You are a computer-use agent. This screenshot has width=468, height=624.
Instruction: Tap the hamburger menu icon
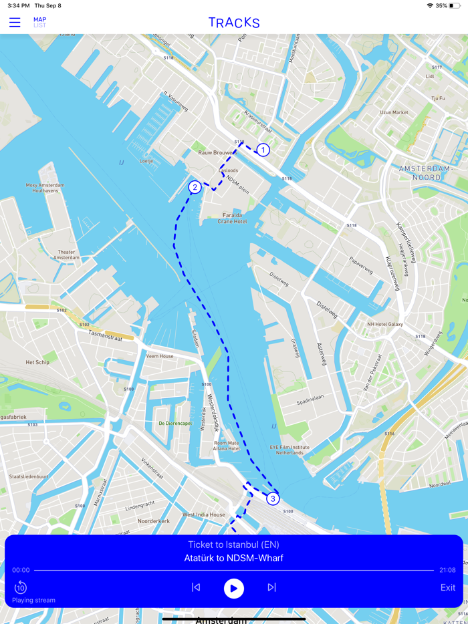(15, 23)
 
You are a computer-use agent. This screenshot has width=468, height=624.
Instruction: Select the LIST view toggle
(40, 26)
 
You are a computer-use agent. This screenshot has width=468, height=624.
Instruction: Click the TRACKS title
(234, 23)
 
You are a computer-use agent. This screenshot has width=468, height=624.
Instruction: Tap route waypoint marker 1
(263, 150)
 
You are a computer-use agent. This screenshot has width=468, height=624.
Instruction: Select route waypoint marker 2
(195, 187)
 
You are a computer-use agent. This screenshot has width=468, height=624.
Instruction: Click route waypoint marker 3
(273, 498)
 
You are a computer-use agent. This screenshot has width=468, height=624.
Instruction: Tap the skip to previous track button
(196, 587)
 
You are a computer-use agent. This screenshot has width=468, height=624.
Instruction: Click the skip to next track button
(271, 587)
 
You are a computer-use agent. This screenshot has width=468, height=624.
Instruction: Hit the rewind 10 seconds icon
(20, 587)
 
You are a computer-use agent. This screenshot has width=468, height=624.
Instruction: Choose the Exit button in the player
(447, 587)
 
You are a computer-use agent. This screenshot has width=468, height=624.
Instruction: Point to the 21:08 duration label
(447, 570)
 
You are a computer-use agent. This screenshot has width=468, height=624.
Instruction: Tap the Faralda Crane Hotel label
(232, 218)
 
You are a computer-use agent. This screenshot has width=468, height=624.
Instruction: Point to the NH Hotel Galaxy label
(384, 324)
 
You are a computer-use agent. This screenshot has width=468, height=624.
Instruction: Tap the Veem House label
(160, 356)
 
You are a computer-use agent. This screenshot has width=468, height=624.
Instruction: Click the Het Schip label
(37, 362)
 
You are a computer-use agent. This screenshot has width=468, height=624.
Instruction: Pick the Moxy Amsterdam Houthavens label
(45, 188)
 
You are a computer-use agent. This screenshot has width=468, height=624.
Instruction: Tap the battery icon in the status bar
(455, 5)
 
